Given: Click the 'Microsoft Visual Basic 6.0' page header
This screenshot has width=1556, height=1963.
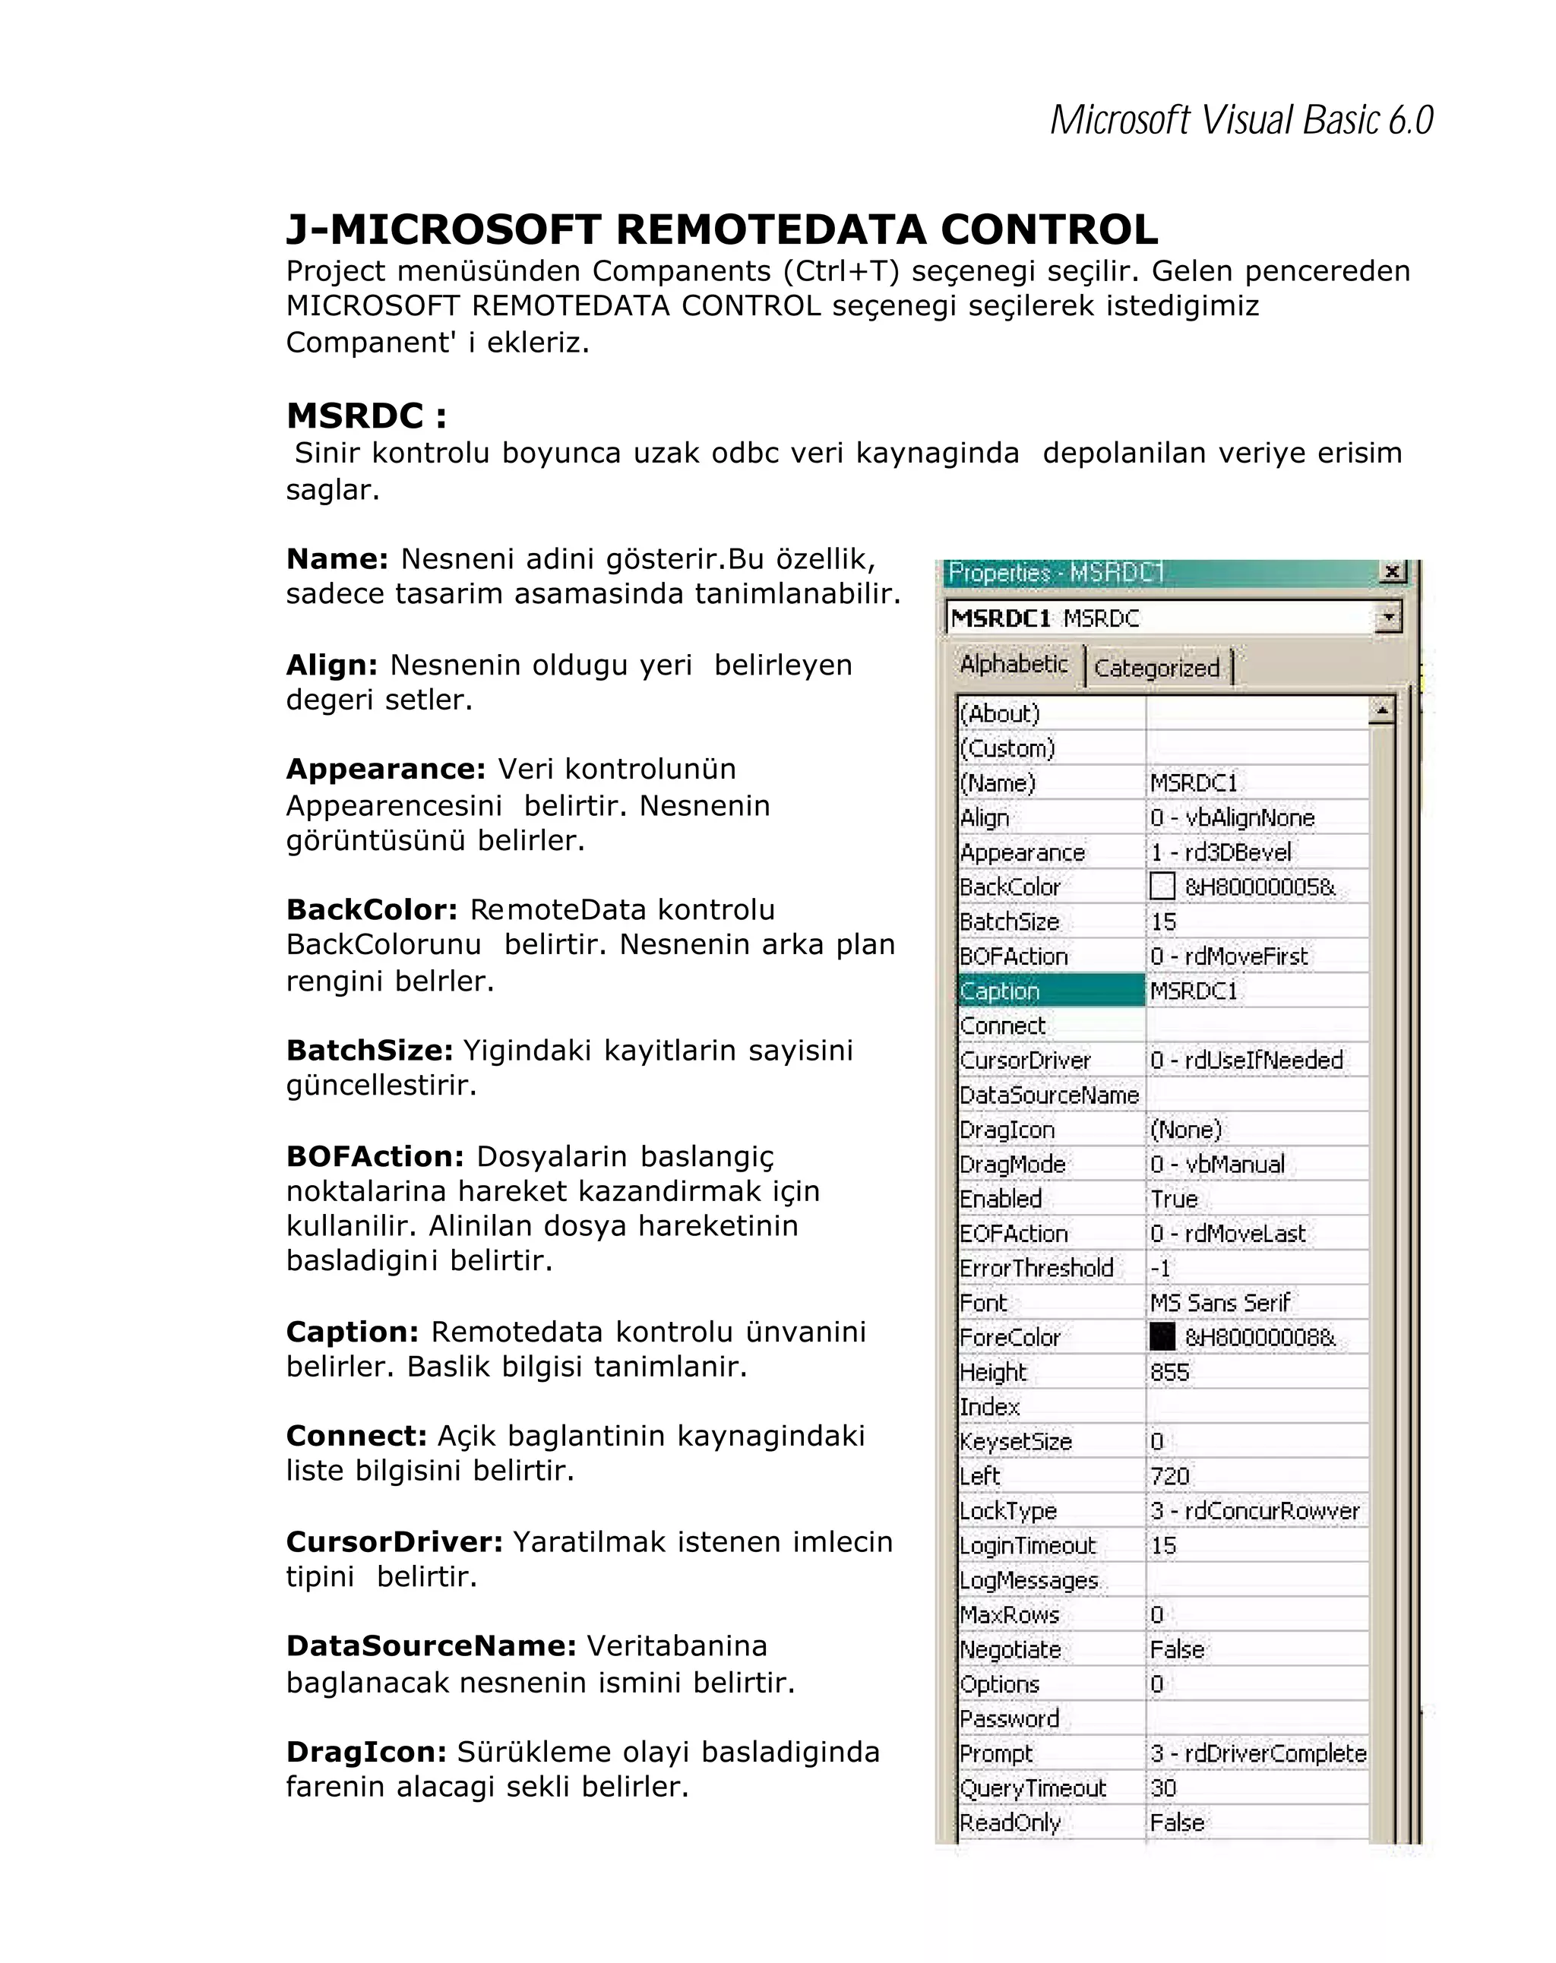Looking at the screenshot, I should (x=1240, y=120).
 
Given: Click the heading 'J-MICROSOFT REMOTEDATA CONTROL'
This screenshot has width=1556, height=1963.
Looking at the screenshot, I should (x=721, y=229).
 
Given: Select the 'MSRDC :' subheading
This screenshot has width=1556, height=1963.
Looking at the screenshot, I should (x=366, y=416).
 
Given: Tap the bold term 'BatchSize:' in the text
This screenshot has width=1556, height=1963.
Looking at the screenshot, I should (x=368, y=1050).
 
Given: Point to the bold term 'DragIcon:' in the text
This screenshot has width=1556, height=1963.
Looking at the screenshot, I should (x=366, y=1752).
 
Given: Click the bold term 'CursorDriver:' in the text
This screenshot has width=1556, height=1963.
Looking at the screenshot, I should (x=394, y=1541).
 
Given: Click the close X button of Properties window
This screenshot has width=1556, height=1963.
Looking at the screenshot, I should (x=1391, y=572).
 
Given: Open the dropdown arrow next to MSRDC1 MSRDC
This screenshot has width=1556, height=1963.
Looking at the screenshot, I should (x=1387, y=618).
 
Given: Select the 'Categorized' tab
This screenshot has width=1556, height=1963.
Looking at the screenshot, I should (x=1156, y=669).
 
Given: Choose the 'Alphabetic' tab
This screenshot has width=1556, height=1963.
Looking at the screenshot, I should (x=1014, y=665).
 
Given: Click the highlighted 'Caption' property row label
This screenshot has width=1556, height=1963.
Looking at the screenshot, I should (x=1000, y=991).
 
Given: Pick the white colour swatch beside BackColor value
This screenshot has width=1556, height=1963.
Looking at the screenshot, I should (x=1162, y=886).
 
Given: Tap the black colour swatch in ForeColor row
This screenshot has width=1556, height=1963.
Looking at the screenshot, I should (x=1162, y=1336).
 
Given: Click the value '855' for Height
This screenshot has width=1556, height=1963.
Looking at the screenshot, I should (x=1170, y=1372).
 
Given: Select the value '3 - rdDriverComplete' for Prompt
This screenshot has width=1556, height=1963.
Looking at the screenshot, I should (x=1257, y=1753).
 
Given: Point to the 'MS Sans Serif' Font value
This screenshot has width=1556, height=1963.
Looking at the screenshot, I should (x=1219, y=1303).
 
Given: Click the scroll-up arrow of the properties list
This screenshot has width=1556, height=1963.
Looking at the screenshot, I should (x=1381, y=710).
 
